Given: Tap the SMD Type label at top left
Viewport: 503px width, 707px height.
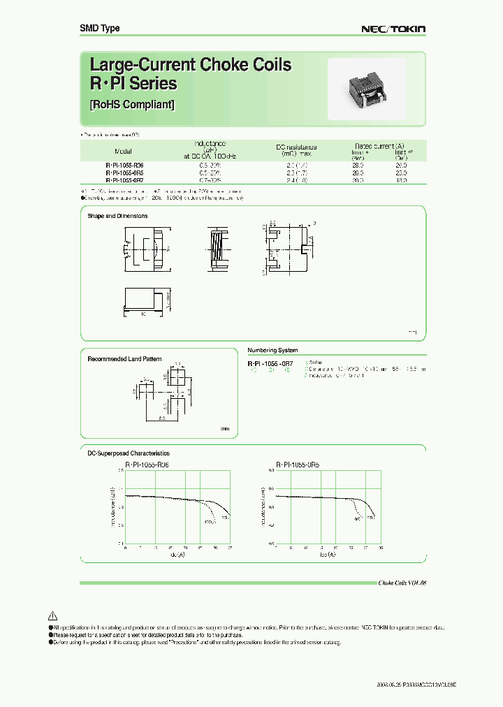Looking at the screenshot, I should [x=99, y=28].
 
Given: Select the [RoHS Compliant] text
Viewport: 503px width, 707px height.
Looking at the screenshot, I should [x=132, y=105].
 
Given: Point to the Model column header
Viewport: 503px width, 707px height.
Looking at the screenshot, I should [x=123, y=151].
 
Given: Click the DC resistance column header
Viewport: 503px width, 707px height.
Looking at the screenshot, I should [x=296, y=147].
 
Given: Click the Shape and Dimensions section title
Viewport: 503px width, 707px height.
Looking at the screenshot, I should [x=117, y=216].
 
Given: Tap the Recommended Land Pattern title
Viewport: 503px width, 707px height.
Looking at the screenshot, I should [x=124, y=359].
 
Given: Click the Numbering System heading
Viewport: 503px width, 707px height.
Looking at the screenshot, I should [x=272, y=350].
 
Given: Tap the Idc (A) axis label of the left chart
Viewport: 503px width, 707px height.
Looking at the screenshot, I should [x=177, y=554].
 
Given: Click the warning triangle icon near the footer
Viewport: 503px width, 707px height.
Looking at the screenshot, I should [x=52, y=616].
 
